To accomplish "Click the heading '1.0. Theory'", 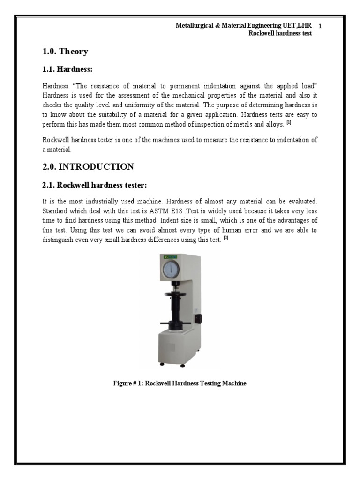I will click(65, 52).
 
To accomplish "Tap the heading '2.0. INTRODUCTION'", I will click(88, 166).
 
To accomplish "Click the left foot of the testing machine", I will click(162, 363).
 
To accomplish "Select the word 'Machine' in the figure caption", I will click(232, 383).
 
